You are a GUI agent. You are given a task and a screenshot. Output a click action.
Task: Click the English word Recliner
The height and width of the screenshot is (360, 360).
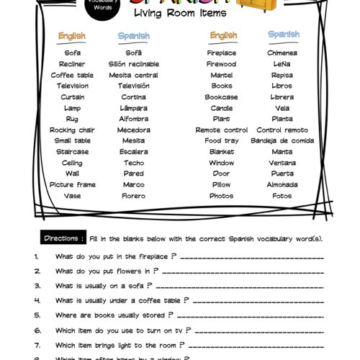click(72, 63)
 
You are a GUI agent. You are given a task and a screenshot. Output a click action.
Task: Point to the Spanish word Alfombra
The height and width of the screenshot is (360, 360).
click(134, 119)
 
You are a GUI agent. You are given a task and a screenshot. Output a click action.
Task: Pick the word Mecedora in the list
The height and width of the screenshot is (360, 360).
click(134, 130)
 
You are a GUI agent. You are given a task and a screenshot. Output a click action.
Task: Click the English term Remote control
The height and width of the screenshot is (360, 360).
click(222, 130)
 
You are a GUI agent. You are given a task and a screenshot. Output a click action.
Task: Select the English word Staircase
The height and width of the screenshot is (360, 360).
click(72, 152)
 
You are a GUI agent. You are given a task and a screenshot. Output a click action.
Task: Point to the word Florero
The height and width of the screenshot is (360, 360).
click(134, 196)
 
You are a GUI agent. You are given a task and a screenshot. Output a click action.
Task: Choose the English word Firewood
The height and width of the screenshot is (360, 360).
click(222, 63)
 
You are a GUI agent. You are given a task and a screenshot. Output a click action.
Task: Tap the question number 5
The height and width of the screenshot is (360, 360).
click(36, 315)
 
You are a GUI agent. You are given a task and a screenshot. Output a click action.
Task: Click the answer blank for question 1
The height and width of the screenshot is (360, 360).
click(252, 257)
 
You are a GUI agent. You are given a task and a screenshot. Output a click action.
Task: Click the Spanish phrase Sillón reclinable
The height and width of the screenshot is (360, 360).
click(134, 63)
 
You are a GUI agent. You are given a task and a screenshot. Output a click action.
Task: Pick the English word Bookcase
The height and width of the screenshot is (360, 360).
click(222, 96)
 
